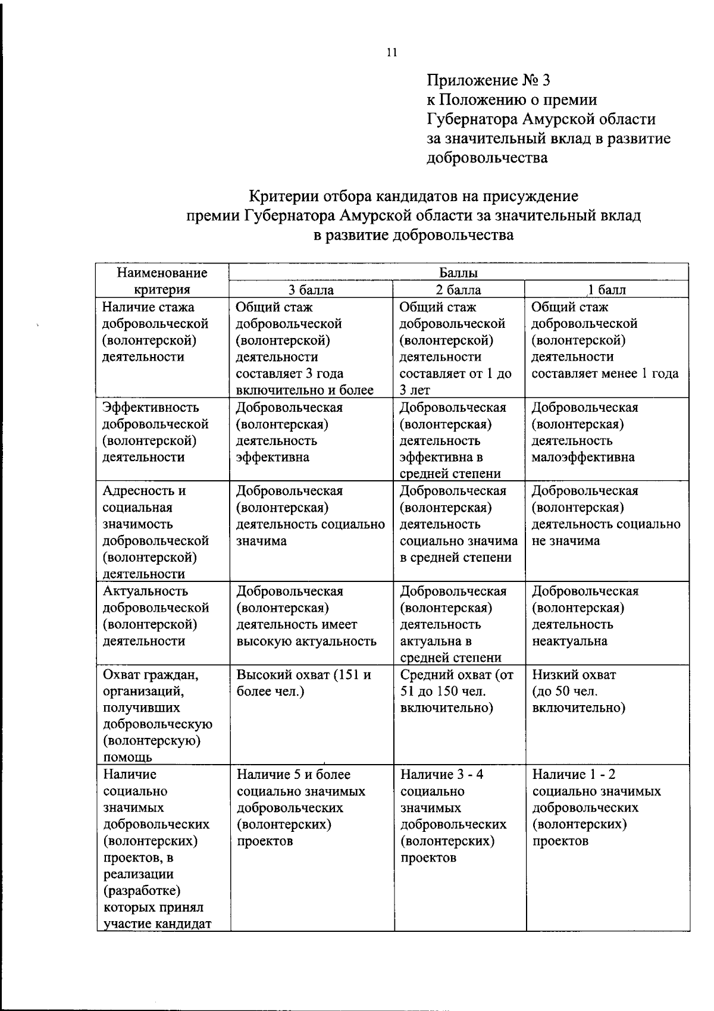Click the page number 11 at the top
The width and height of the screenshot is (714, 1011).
tap(392, 53)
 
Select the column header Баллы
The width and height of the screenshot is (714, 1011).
tap(458, 273)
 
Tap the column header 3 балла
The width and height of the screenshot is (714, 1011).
tap(311, 290)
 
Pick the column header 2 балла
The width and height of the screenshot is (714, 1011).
tap(458, 290)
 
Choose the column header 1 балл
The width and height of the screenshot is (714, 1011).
tap(607, 290)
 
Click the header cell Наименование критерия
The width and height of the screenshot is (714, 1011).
tap(162, 281)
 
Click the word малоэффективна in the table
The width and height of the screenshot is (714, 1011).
tap(583, 458)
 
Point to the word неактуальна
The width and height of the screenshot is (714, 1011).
tap(569, 641)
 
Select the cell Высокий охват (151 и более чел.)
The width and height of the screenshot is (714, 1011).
tap(303, 683)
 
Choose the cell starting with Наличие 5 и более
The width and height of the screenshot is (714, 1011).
tap(300, 808)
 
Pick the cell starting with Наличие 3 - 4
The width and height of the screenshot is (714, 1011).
tap(453, 816)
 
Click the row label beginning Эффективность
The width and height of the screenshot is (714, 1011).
tap(155, 433)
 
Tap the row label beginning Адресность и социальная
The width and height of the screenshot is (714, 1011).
tap(155, 532)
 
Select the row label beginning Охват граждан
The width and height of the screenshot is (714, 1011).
tap(156, 716)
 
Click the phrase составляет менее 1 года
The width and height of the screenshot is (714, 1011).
tap(605, 374)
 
